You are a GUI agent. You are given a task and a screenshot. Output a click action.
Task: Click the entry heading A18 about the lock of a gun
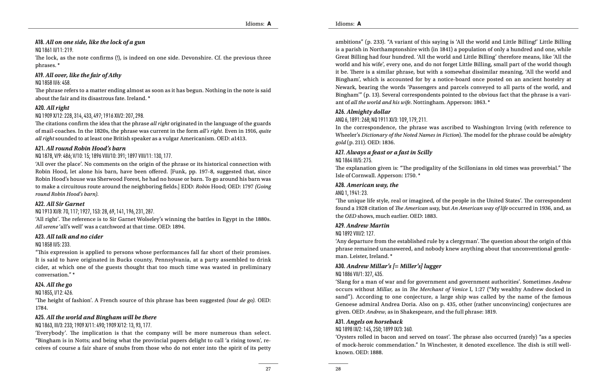(90, 42)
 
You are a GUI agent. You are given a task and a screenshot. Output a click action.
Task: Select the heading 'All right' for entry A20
(52, 108)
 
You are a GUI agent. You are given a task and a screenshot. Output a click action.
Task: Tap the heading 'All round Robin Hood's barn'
(80, 149)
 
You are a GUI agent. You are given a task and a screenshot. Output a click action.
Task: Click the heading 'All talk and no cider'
(69, 237)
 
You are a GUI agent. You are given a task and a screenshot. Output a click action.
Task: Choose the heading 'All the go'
(53, 285)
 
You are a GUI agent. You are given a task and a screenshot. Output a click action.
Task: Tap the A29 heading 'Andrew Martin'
(362, 226)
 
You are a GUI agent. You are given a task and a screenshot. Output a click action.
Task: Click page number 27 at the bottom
(268, 369)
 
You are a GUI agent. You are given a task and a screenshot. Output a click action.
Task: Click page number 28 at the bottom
(338, 369)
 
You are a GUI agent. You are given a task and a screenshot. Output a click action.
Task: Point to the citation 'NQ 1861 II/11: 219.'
(54, 50)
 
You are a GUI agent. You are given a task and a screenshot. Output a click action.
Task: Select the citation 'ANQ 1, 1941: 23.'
(352, 193)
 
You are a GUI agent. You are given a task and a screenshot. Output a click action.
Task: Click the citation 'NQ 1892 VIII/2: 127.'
(355, 234)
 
